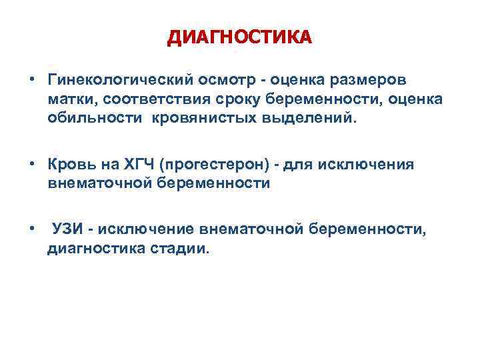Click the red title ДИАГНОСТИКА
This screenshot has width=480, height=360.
pos(239,37)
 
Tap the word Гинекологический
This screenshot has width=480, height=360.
pos(118,81)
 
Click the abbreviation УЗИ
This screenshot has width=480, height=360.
pos(71,230)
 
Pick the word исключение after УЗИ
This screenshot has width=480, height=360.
pos(146,230)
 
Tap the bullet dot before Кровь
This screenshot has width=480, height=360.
pos(32,165)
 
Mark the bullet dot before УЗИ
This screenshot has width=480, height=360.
pos(32,230)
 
